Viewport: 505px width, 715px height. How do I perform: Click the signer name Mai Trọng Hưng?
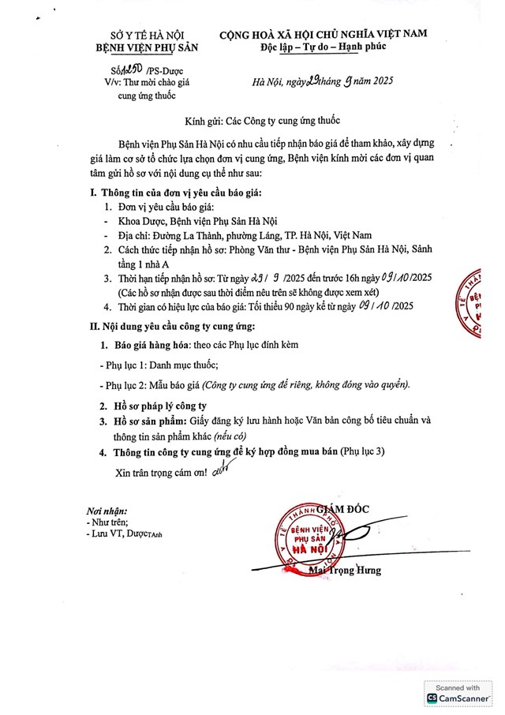pyautogui.click(x=346, y=570)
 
